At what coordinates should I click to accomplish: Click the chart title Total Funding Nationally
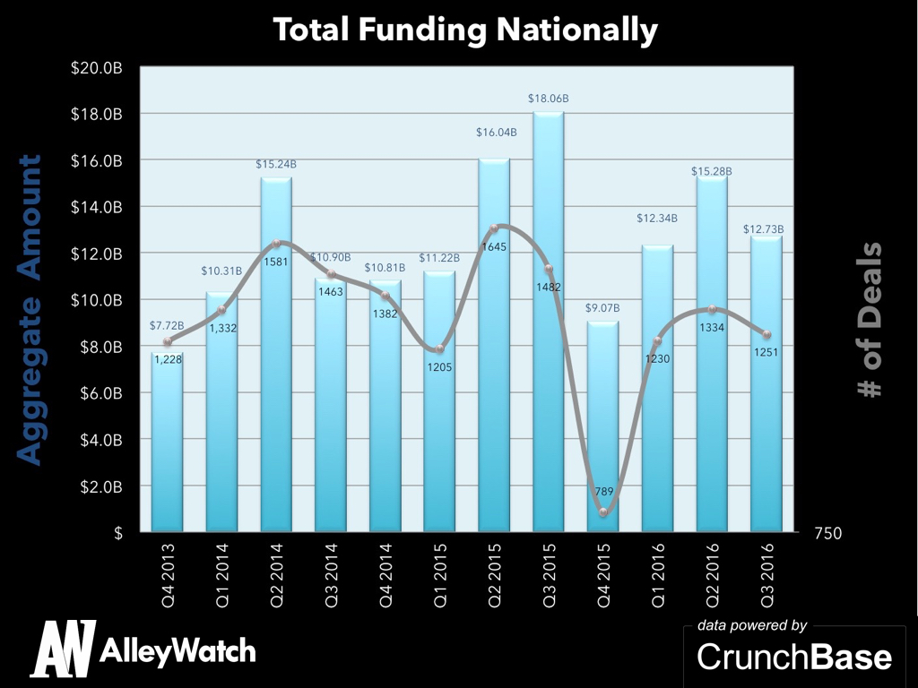(465, 30)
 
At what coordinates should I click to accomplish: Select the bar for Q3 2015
(548, 322)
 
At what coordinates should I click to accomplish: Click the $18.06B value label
(548, 97)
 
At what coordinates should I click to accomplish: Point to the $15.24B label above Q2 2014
(276, 164)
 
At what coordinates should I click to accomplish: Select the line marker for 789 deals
(603, 512)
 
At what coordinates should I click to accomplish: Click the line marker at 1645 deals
(494, 228)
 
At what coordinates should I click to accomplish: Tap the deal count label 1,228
(168, 359)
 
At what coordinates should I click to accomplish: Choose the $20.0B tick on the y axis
(98, 68)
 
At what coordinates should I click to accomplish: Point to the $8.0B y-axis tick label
(101, 347)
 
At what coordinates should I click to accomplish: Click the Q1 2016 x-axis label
(658, 564)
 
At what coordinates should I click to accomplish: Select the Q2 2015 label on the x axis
(494, 564)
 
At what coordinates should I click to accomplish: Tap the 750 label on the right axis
(827, 533)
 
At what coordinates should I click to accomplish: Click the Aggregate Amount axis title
(30, 310)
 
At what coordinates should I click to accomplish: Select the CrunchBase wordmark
(794, 657)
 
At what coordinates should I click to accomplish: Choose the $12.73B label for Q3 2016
(764, 229)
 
